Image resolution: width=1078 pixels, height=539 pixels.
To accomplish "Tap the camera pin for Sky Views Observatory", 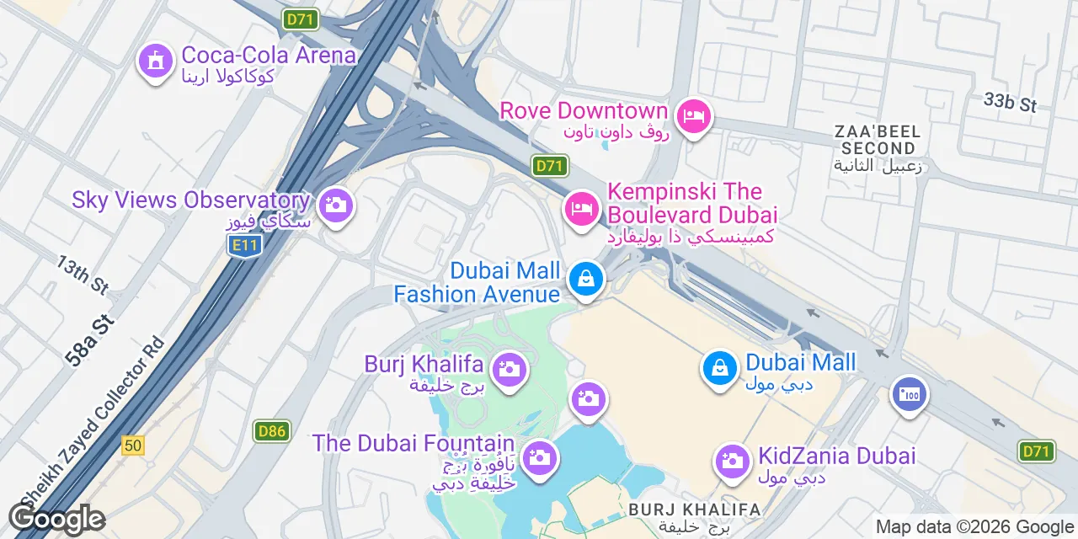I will (335, 205).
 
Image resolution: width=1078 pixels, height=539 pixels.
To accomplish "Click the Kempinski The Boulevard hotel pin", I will (581, 207).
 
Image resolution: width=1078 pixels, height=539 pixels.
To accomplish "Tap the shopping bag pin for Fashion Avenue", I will (585, 279).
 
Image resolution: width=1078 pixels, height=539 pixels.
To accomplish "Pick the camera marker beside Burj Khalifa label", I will (509, 369).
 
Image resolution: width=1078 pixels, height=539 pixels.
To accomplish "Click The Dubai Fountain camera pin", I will (539, 458).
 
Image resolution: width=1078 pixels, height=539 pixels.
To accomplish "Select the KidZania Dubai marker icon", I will (732, 461).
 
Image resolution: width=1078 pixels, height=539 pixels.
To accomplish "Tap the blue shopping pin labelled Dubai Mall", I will (720, 368).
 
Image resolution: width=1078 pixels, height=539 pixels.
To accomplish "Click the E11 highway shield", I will (244, 246).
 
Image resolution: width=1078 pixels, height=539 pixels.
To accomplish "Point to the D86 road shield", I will (272, 432).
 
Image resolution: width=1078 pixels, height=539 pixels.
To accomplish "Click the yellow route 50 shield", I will (133, 445).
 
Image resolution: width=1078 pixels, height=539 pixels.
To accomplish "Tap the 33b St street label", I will (1010, 103).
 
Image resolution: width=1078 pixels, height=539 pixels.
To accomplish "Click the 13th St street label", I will (83, 275).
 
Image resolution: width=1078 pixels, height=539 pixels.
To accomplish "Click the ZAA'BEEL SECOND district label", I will (878, 140).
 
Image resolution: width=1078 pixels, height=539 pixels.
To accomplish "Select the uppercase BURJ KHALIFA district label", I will (694, 510).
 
